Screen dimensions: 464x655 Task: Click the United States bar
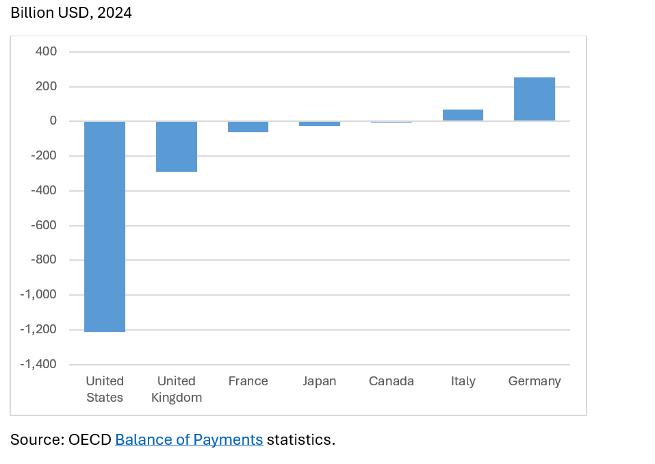105,227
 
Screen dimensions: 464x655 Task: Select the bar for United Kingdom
177,146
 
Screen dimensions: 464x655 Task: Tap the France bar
248,127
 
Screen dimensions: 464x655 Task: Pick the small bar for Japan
320,124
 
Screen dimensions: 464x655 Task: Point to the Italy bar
463,115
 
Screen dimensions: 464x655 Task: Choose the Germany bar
535,99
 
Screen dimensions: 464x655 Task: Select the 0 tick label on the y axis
53,121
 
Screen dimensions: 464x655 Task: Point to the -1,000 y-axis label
38,295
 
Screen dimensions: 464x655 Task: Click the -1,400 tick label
38,364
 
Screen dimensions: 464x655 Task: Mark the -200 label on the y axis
44,156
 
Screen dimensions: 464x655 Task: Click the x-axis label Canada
391,381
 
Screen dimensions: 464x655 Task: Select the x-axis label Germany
535,381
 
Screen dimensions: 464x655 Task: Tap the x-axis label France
248,381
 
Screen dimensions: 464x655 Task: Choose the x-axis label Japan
320,381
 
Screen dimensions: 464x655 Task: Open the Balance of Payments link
189,439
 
